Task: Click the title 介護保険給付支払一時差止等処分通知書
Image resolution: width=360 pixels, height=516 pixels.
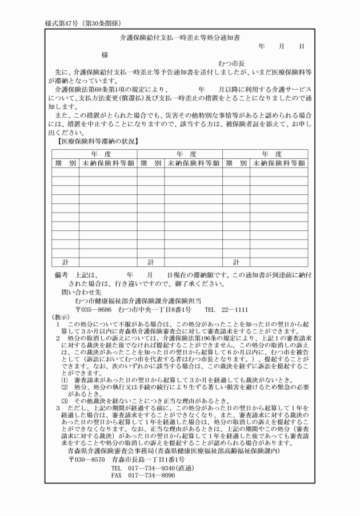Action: (179, 37)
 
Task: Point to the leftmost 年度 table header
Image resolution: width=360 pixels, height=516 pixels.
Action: (94, 154)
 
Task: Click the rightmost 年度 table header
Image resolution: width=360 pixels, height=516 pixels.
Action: (265, 154)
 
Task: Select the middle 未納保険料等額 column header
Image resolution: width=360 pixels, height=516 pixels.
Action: (193, 163)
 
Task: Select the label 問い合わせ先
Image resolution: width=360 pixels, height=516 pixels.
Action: (79, 291)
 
